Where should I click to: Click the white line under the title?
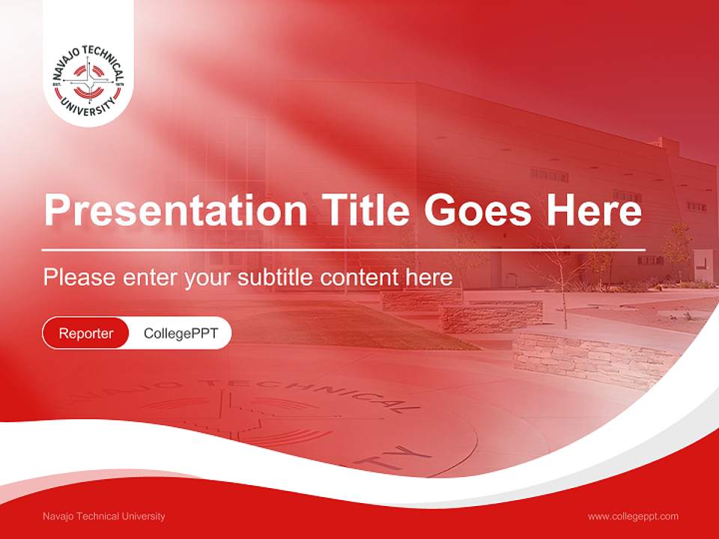[344, 249]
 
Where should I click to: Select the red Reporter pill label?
[86, 333]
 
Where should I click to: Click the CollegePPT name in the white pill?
[180, 333]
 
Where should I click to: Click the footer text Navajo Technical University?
[104, 517]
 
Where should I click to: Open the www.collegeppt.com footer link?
[633, 517]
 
